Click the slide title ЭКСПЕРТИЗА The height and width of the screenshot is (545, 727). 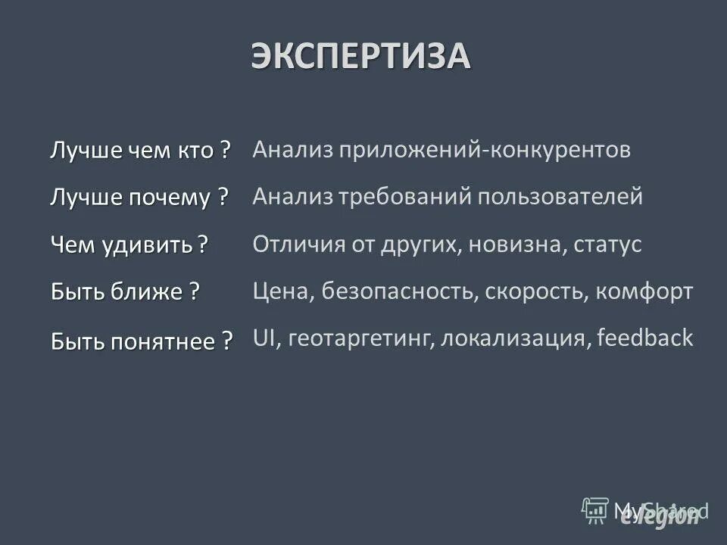point(361,58)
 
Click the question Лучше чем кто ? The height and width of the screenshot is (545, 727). point(140,150)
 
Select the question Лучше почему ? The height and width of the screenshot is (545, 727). point(139,198)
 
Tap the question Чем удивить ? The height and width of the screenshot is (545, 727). point(129,244)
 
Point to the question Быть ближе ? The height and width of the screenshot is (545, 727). point(125,291)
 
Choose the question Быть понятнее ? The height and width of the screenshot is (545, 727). point(142,341)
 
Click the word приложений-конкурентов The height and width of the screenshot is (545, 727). point(485,150)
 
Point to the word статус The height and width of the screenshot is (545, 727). point(608,244)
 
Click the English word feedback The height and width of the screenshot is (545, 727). point(644,338)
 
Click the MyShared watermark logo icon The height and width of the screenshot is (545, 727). point(595,511)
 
